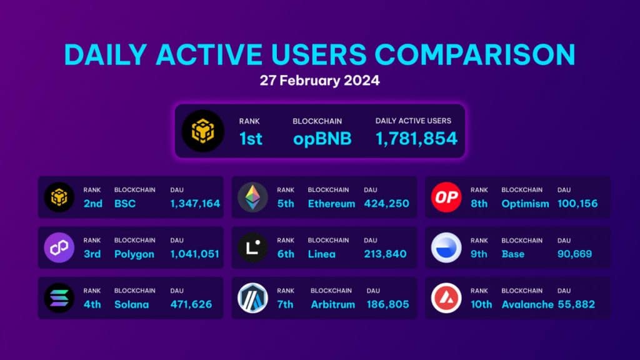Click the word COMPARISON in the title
[475, 54]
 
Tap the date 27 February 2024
[319, 81]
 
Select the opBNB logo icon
[203, 131]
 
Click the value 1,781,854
[416, 139]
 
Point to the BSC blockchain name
[125, 204]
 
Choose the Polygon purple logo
[59, 247]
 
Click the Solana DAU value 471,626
[191, 304]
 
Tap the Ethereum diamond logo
[252, 197]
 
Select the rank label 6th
[286, 254]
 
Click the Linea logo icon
[252, 247]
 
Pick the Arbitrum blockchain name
[332, 304]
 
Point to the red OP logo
[446, 197]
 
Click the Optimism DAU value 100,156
[577, 204]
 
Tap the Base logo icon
[446, 247]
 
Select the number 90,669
[575, 254]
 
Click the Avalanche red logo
[446, 298]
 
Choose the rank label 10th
[481, 304]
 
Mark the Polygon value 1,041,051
[195, 254]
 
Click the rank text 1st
[251, 139]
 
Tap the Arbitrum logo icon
[252, 298]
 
